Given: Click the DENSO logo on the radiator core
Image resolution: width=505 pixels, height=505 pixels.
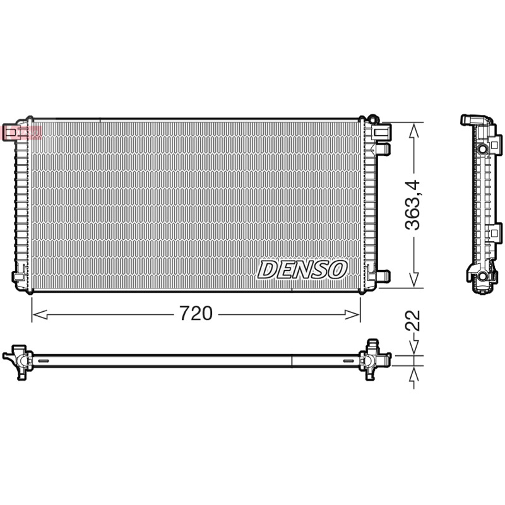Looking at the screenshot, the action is click(302, 270).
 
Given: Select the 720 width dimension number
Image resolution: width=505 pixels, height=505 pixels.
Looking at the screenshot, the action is click(196, 313).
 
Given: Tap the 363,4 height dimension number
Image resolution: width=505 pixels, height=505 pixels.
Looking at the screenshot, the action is click(413, 205).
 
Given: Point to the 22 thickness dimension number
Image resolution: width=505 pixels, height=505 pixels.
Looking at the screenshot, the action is click(413, 321).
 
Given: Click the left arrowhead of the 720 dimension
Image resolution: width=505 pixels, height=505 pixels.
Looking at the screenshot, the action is click(40, 314).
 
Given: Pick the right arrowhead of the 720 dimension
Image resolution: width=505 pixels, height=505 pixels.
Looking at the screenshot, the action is click(352, 314).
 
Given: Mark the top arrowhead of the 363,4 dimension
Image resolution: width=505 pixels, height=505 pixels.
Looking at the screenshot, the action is click(414, 131).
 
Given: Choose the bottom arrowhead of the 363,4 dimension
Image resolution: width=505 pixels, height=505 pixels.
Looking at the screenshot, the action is click(414, 280).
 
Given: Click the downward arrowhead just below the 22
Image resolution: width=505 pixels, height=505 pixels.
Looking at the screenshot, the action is click(414, 347).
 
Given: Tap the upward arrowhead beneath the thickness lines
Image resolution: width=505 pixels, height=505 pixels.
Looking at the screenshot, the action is click(414, 375).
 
